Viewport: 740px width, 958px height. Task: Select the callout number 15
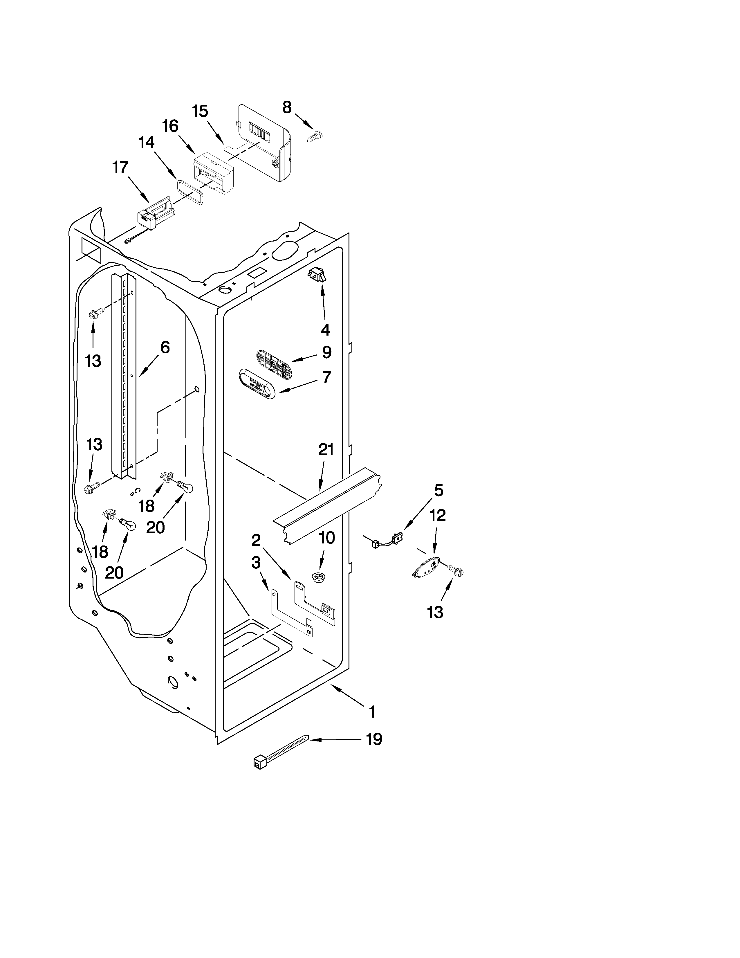click(200, 111)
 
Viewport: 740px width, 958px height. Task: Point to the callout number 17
click(120, 167)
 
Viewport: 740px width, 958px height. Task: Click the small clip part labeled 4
click(317, 275)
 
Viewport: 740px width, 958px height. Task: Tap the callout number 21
click(326, 450)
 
